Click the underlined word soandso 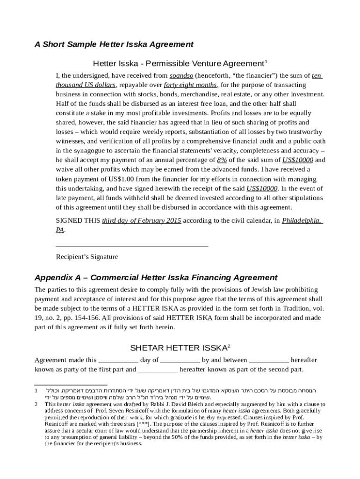click(x=181, y=75)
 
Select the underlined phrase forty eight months click(x=190, y=85)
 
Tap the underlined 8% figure click(x=223, y=160)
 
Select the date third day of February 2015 click(x=142, y=220)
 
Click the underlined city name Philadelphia click(x=302, y=220)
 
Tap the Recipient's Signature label click(x=87, y=257)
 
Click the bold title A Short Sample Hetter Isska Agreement click(x=114, y=44)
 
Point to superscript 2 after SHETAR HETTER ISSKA click(x=228, y=346)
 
